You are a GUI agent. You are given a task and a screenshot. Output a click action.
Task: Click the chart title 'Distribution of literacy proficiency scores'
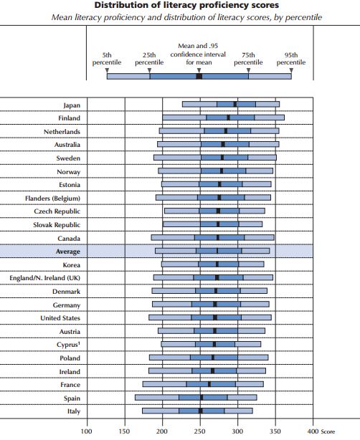coord(186,5)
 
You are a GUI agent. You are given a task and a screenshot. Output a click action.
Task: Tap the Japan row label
coord(72,105)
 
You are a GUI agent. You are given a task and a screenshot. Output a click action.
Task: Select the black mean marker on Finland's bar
coord(228,118)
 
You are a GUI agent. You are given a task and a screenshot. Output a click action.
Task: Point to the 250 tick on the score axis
coord(199,431)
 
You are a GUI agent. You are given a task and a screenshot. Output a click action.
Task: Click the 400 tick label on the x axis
coord(313,431)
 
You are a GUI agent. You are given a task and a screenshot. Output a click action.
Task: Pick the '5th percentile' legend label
coord(107,59)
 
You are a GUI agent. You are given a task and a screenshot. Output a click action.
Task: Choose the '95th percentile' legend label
coord(291,59)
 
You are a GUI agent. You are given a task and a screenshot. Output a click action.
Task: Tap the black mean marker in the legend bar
coord(199,77)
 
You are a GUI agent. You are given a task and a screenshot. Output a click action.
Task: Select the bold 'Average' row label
coord(68,252)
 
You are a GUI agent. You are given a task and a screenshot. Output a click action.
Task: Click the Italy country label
coord(74,411)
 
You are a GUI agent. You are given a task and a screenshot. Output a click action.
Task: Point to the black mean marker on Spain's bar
coord(202,397)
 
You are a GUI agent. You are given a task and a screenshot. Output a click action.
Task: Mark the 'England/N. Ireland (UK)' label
coord(45,278)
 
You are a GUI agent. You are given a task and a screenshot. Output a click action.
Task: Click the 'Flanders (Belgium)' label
coord(52,199)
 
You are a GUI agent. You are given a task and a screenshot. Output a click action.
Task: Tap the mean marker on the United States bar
coord(215,317)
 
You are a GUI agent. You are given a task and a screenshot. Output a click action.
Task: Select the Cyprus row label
coord(68,345)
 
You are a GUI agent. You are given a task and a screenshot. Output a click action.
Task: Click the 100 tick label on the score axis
coord(86,431)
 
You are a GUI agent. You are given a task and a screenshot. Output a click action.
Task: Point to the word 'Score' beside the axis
coord(328,431)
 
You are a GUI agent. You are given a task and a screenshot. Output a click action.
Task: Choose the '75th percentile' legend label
coord(248,59)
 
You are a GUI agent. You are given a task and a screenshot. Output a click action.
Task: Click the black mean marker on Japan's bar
coord(235,104)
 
